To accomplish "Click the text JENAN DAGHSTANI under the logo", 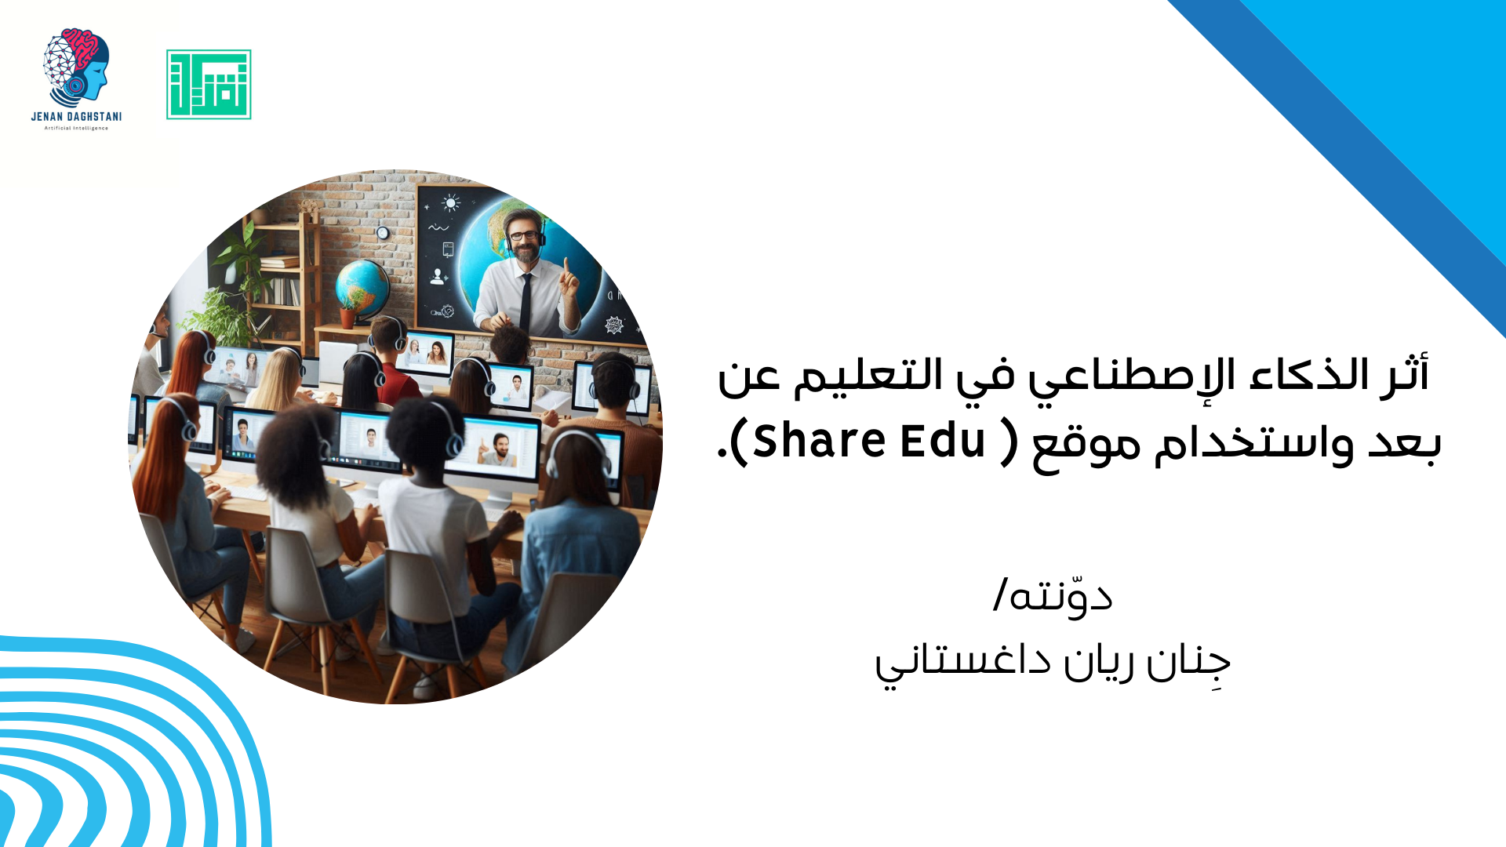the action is (76, 117).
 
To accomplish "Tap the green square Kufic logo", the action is (209, 85).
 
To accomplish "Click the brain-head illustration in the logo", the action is (76, 68).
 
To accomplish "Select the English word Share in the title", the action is (820, 441).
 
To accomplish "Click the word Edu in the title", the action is (942, 441).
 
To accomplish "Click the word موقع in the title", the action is (1086, 445).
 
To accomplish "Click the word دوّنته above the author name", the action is (1060, 596).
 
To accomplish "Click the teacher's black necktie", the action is (526, 301).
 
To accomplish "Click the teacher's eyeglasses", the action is (524, 234).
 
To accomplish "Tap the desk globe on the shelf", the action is (362, 287).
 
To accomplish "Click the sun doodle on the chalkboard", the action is (450, 204).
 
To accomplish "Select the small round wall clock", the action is (383, 233).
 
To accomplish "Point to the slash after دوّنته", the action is (1000, 595).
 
